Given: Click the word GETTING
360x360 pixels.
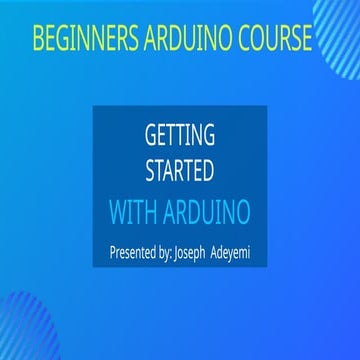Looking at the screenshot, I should [181, 134].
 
